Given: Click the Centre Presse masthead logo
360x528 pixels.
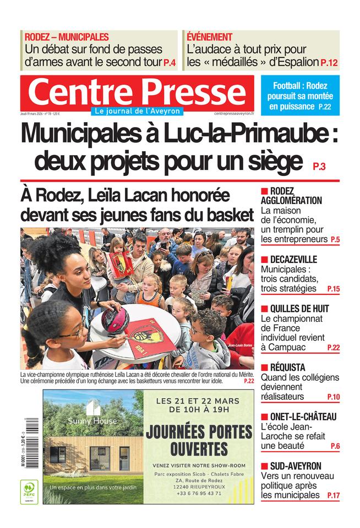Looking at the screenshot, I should click(x=137, y=92).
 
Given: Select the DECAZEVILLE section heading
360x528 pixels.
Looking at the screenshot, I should click(x=293, y=260).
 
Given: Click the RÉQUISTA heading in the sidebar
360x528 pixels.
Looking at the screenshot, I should click(x=287, y=367).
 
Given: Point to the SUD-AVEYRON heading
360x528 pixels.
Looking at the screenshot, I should click(x=295, y=466).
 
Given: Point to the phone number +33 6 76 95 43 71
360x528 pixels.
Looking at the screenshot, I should click(x=199, y=493).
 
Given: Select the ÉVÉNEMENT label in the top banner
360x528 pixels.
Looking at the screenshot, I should click(x=209, y=37).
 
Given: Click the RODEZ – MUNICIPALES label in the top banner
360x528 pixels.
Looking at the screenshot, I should click(x=66, y=37).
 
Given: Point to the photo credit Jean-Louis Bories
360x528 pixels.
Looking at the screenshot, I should click(x=238, y=345).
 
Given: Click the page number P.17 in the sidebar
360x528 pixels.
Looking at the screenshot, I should click(x=333, y=496).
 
